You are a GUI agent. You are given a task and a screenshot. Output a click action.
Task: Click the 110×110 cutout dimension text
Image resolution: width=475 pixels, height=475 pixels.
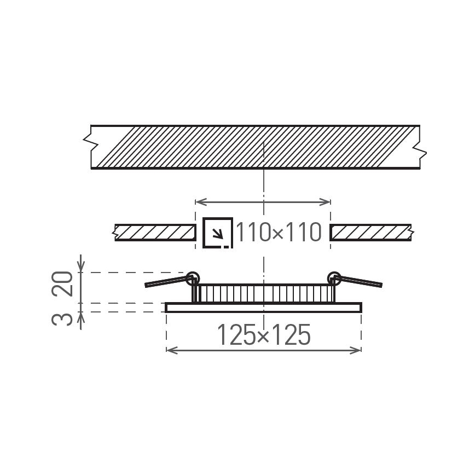coord(278,233)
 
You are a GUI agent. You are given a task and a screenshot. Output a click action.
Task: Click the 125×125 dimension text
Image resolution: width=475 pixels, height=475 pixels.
coord(264,335)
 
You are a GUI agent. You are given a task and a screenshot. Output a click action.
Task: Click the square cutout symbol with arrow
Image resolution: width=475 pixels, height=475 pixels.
coord(218,233)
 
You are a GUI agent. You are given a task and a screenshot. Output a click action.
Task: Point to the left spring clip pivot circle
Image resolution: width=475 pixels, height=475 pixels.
coord(192,278)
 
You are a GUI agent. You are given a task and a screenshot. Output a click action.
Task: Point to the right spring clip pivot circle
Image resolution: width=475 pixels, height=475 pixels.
coord(334,278)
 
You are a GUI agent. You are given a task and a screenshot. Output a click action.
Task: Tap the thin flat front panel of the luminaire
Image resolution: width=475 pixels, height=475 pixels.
coord(263,308)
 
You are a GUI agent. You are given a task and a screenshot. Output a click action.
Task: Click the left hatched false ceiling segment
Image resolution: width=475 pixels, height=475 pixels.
coord(155,233)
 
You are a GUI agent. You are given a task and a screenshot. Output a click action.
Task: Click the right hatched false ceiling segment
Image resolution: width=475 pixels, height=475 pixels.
coord(371,233)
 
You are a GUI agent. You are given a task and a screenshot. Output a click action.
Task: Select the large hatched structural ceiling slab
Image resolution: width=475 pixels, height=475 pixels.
coord(255,147)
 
